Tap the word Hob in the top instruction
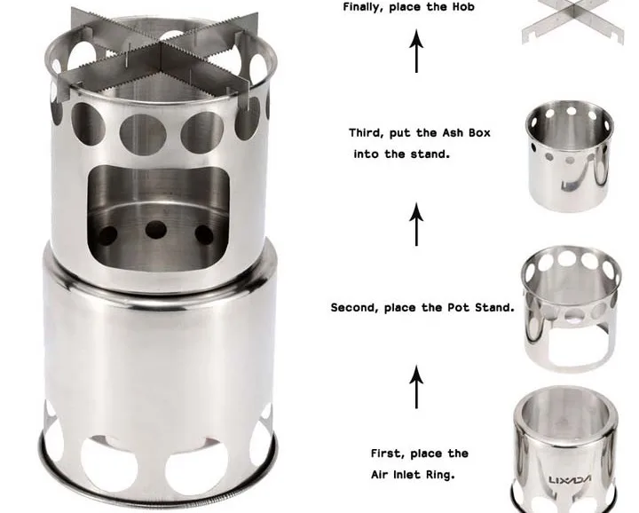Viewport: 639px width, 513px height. click(463, 7)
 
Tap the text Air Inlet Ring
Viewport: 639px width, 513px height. click(413, 475)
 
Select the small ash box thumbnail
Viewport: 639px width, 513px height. click(569, 155)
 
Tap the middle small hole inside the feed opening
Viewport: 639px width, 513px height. click(156, 230)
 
